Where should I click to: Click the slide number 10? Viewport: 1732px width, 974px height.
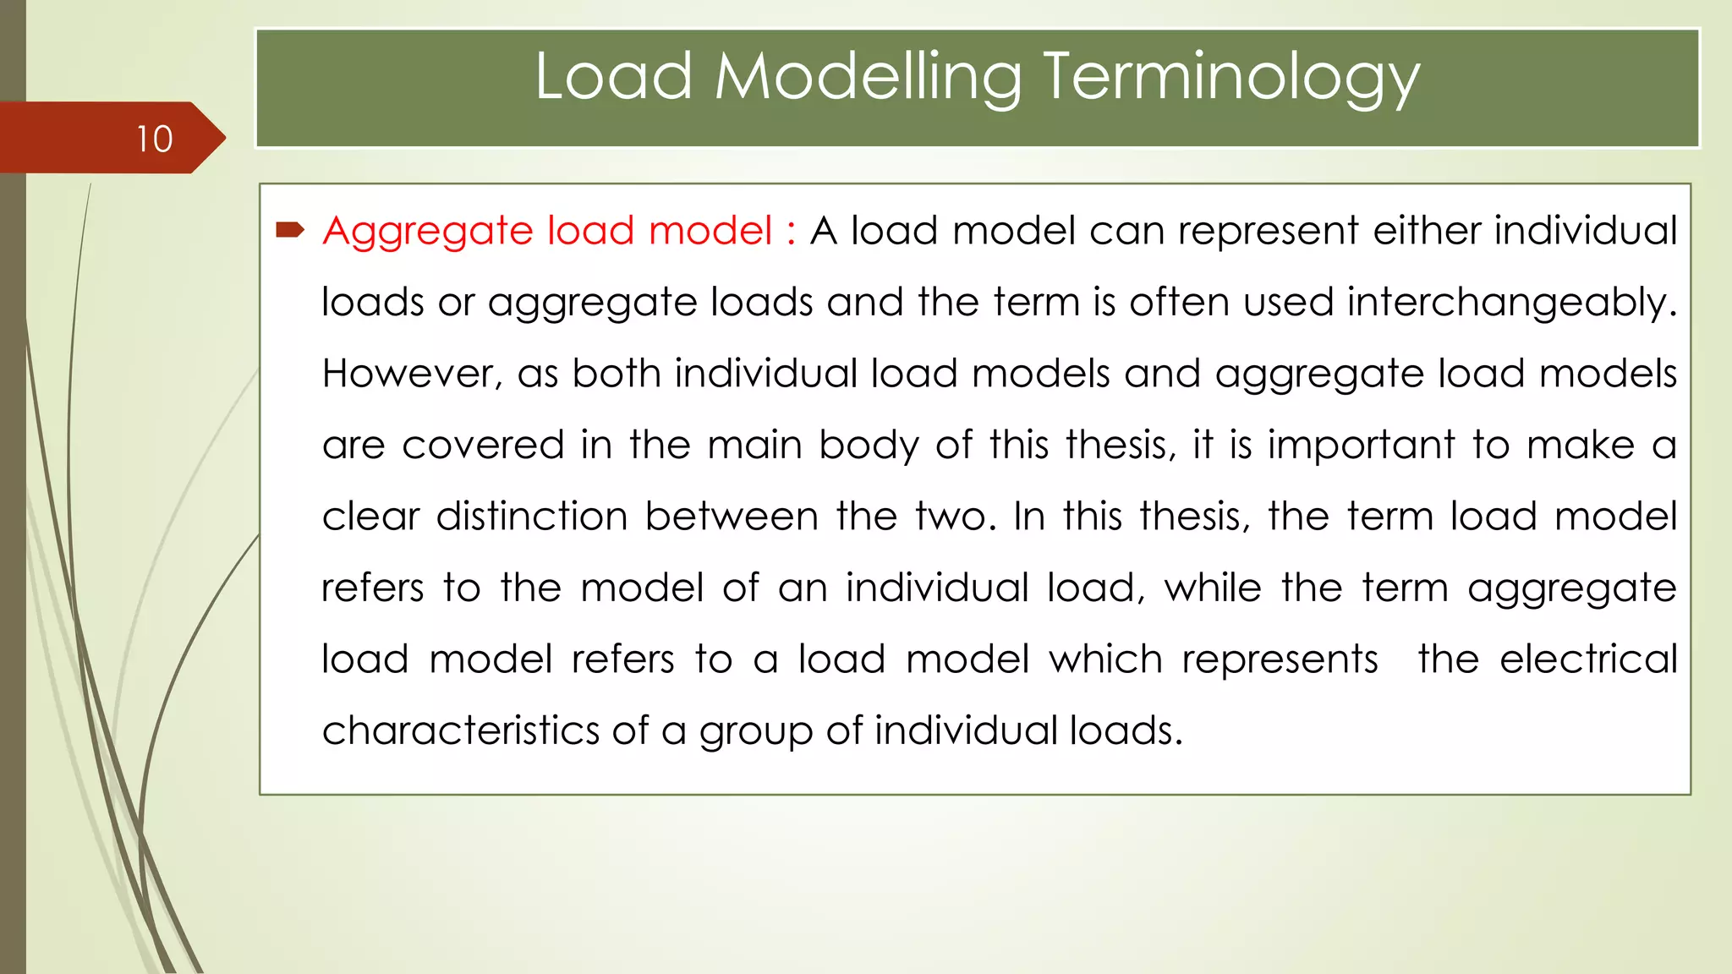tap(155, 140)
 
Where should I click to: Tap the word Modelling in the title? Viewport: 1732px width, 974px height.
tap(868, 77)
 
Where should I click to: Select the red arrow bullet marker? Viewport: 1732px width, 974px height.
tap(290, 229)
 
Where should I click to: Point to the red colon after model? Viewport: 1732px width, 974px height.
tap(791, 232)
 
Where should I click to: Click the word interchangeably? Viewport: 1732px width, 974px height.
tap(1511, 303)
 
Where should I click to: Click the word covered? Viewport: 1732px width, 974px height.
tap(483, 446)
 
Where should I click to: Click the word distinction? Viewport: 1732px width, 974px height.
tap(532, 517)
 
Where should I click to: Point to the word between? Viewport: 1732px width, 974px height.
tap(732, 517)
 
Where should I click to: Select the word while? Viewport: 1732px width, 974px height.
tap(1213, 588)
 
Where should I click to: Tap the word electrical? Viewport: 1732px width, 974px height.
tap(1588, 659)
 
